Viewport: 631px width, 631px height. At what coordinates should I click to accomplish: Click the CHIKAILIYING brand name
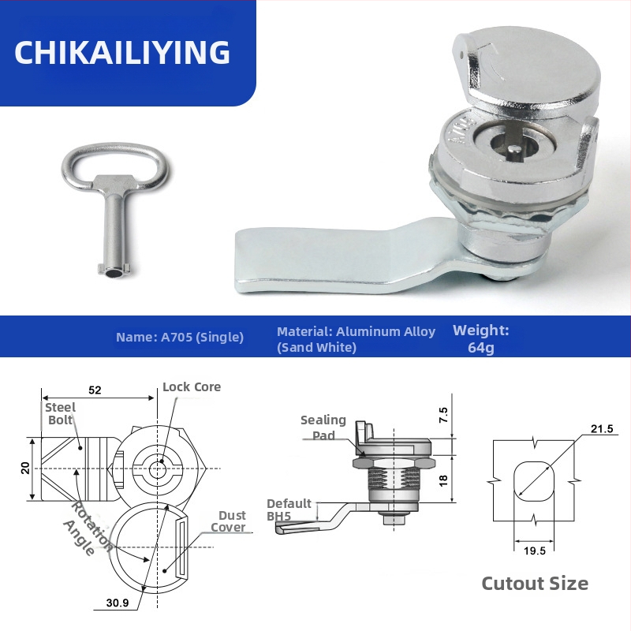pyautogui.click(x=122, y=52)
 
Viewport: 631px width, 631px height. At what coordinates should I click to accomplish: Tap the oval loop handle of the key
pyautogui.click(x=114, y=149)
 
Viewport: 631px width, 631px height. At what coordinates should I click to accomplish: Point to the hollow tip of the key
pyautogui.click(x=114, y=274)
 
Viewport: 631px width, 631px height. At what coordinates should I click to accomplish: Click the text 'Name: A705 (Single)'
pyautogui.click(x=180, y=337)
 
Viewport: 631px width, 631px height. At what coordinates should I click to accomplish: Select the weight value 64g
pyautogui.click(x=481, y=348)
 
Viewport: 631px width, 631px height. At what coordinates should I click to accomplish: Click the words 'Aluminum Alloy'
pyautogui.click(x=386, y=331)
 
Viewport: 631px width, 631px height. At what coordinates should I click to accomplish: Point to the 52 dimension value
pyautogui.click(x=95, y=390)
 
